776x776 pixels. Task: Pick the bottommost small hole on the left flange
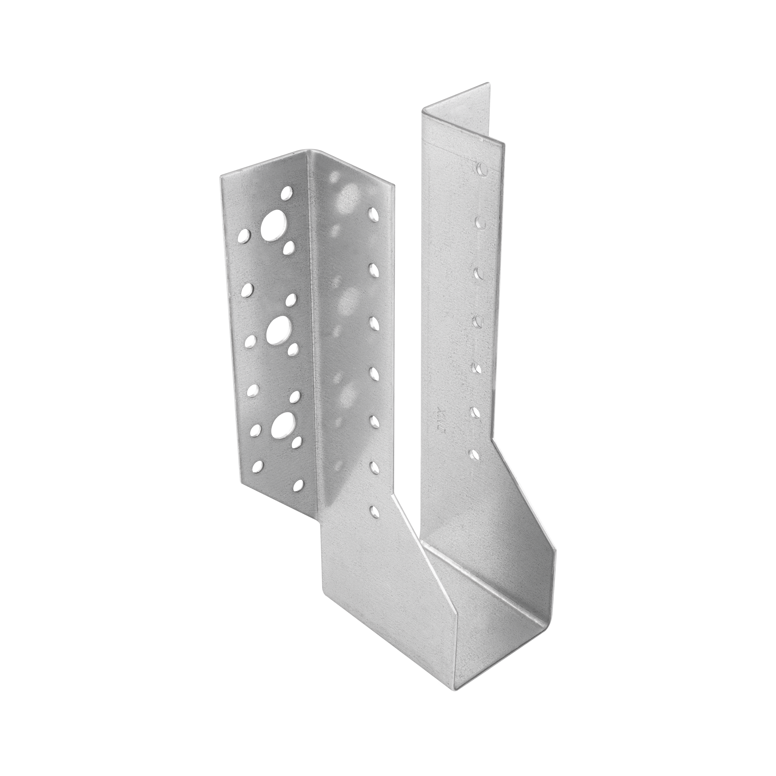[298, 485]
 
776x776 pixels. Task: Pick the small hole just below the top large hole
[288, 248]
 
